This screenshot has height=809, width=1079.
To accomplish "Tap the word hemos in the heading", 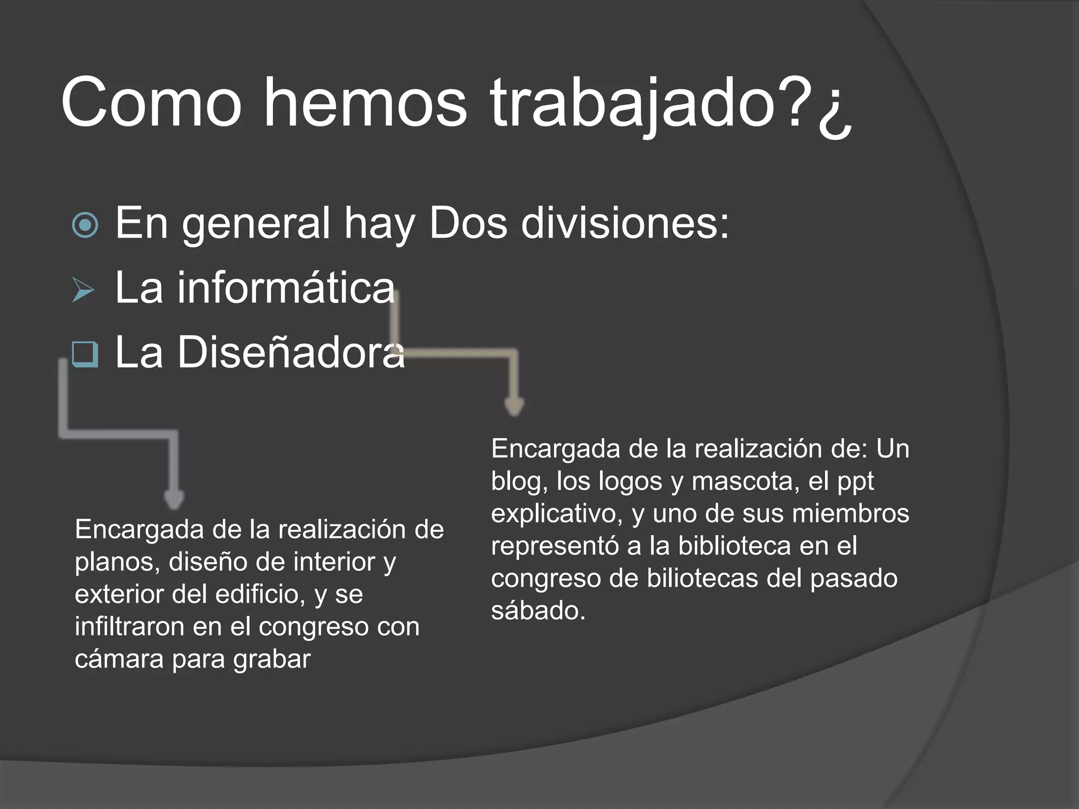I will [x=365, y=103].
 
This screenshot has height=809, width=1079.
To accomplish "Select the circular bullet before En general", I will [x=85, y=225].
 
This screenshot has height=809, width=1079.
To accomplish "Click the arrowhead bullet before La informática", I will [x=83, y=290].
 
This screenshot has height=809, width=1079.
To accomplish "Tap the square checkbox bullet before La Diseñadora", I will [x=85, y=354].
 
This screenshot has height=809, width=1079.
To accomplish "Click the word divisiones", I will [x=625, y=223].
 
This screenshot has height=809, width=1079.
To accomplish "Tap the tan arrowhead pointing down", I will [x=514, y=406].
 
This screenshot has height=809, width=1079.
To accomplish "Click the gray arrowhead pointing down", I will [x=174, y=499].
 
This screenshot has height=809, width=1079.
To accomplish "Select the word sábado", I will [x=538, y=611].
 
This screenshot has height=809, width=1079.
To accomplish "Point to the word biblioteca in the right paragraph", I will [x=734, y=546].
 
